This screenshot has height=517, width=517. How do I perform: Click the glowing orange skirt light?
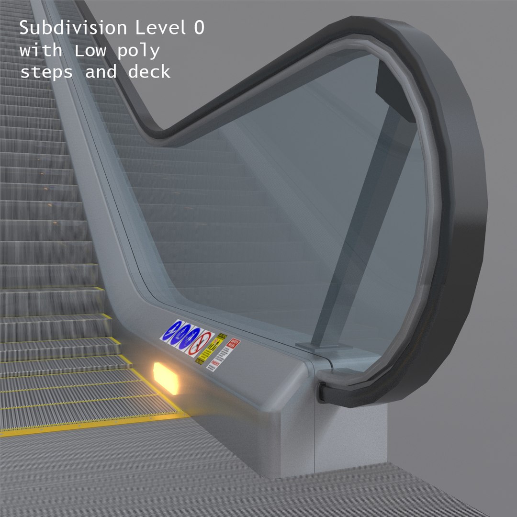coord(165,378)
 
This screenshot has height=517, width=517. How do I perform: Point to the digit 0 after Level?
coord(198,28)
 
